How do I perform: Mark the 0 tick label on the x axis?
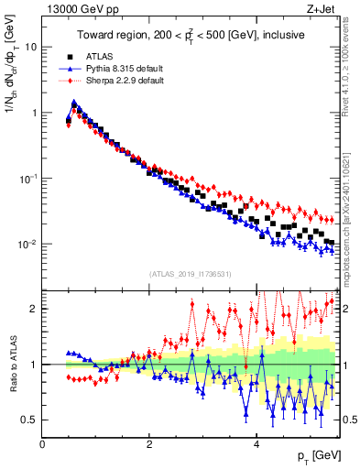pos(42,445)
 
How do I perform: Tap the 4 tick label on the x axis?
pos(256,445)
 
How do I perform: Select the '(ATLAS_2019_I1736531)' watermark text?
pos(190,274)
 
